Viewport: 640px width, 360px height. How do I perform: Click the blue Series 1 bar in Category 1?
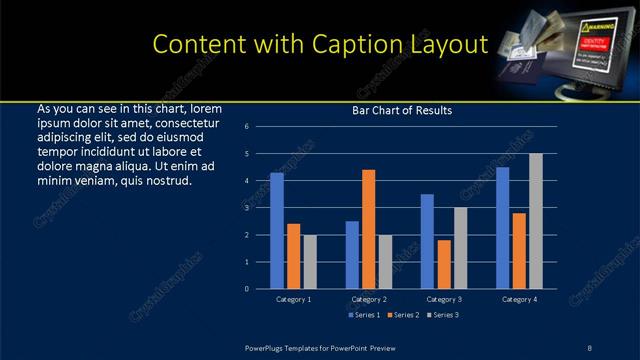point(277,231)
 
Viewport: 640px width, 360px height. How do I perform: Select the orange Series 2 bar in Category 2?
point(368,229)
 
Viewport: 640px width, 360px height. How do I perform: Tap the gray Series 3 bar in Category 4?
point(535,221)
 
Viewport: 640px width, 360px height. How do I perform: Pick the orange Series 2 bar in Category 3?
point(444,264)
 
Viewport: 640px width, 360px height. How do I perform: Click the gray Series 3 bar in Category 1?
point(309,262)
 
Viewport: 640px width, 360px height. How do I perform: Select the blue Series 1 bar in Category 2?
point(352,255)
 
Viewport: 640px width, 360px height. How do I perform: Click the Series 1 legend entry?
point(362,316)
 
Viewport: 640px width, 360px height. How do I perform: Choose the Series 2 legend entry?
point(400,316)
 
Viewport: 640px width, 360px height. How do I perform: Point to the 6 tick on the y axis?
point(246,127)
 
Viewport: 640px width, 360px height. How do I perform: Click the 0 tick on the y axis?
point(246,289)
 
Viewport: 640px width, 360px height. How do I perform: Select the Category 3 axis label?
point(444,299)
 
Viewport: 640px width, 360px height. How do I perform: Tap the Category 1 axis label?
point(293,299)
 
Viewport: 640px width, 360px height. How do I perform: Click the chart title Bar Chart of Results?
point(402,110)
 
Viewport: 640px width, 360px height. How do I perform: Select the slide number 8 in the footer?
point(589,347)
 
